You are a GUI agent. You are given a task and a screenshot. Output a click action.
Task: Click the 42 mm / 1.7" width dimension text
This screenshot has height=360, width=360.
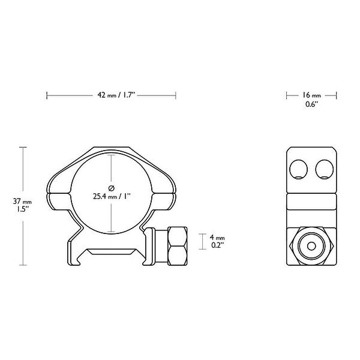118,95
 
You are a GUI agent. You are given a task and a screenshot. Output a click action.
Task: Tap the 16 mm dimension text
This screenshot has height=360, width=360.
311,95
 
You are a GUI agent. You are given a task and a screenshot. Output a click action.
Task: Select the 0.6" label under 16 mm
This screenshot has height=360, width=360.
311,104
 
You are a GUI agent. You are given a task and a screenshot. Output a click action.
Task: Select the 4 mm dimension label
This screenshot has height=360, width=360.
217,237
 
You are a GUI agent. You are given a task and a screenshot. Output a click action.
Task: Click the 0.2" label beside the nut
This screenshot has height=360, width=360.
217,246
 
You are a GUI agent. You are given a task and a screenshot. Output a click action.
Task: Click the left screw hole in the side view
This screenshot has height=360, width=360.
298,169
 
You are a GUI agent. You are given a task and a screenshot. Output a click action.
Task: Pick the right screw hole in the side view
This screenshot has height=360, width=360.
325,169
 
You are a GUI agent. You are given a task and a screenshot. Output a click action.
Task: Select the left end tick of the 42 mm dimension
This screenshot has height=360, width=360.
47,95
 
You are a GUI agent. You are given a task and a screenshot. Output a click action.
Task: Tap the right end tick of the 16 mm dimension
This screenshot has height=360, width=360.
337,95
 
